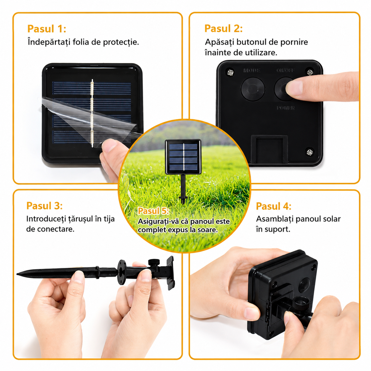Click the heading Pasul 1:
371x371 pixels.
47,29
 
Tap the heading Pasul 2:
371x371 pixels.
223,28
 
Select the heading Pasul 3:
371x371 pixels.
44,206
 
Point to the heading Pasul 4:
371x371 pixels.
273,206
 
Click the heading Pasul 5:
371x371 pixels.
154,211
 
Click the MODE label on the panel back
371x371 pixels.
252,70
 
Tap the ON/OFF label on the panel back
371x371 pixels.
285,70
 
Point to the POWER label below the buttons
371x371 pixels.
286,108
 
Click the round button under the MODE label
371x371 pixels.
253,89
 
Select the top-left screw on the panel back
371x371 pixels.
230,73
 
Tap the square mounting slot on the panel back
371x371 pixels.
269,149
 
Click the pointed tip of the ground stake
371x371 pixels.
17,274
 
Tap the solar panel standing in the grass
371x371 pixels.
183,157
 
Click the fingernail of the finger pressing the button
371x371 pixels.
294,88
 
